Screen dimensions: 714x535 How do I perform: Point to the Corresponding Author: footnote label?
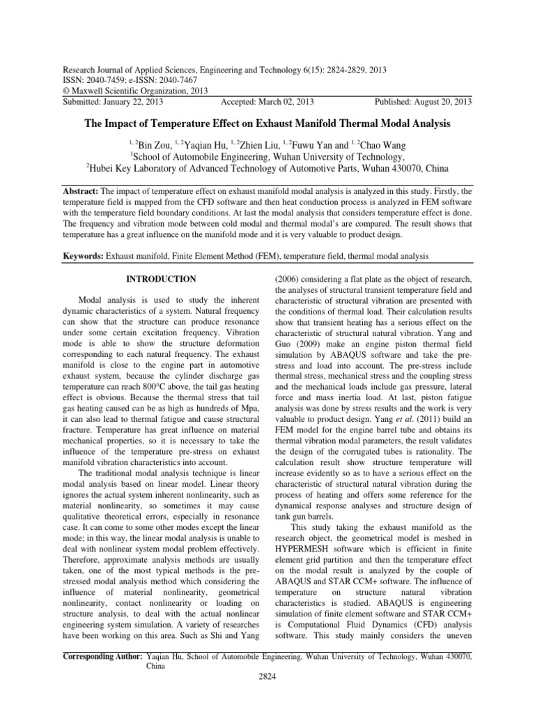(x=103, y=657)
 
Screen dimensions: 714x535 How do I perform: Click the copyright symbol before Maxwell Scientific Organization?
(x=66, y=91)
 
